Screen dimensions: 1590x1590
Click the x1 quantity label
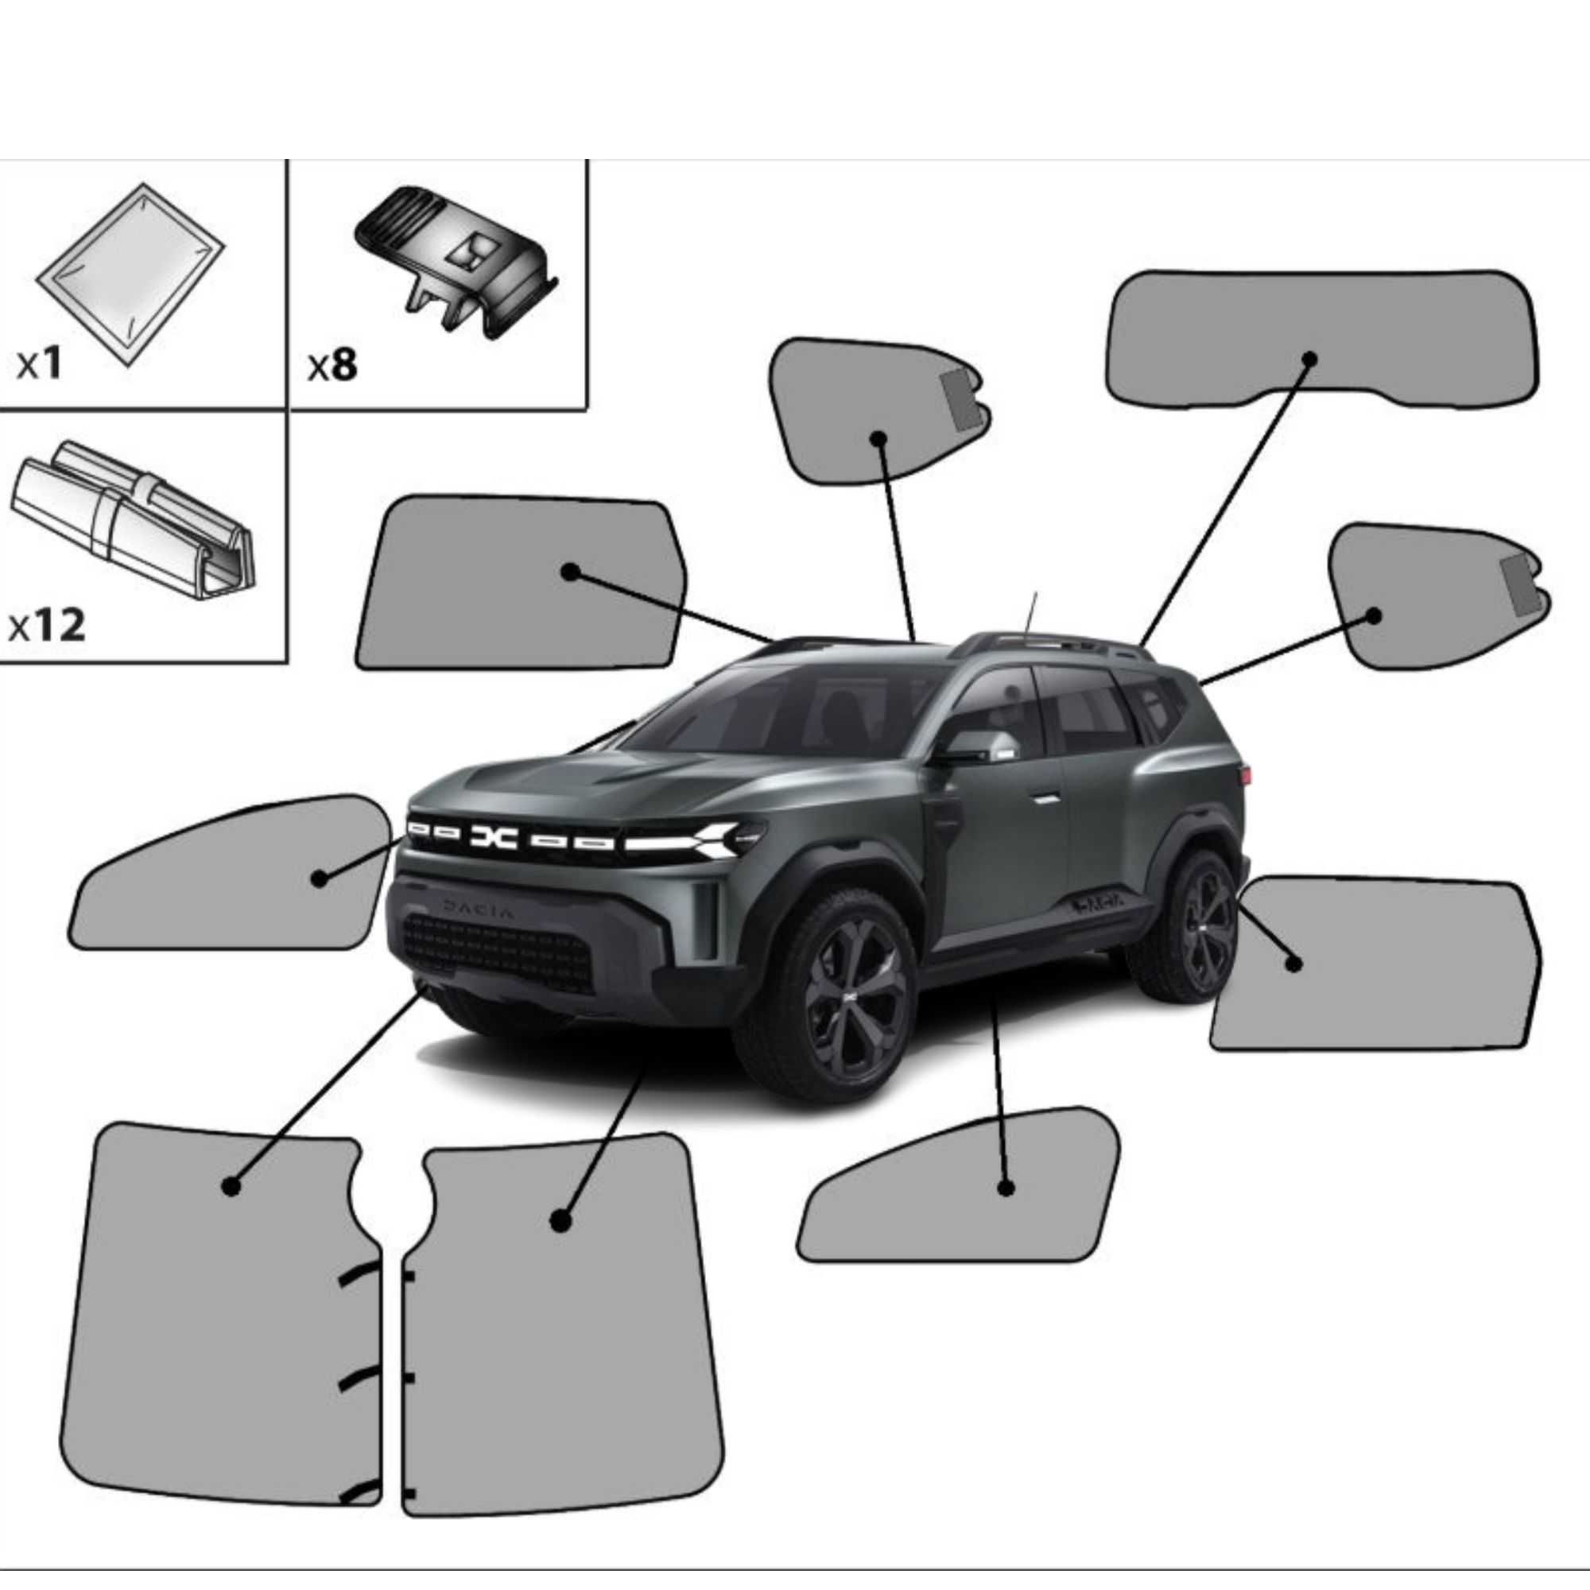(x=40, y=363)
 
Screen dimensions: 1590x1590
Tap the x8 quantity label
(x=332, y=365)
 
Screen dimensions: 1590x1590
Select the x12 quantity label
(x=47, y=626)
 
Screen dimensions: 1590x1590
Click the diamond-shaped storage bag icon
(x=131, y=274)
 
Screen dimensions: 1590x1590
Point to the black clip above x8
(x=457, y=260)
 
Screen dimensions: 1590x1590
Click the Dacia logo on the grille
(x=494, y=837)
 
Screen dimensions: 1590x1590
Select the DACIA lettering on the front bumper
(x=478, y=909)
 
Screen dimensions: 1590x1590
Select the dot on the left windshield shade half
(x=231, y=1186)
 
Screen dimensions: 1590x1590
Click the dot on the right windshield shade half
(x=561, y=1220)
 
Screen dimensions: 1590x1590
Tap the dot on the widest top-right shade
(x=1309, y=359)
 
